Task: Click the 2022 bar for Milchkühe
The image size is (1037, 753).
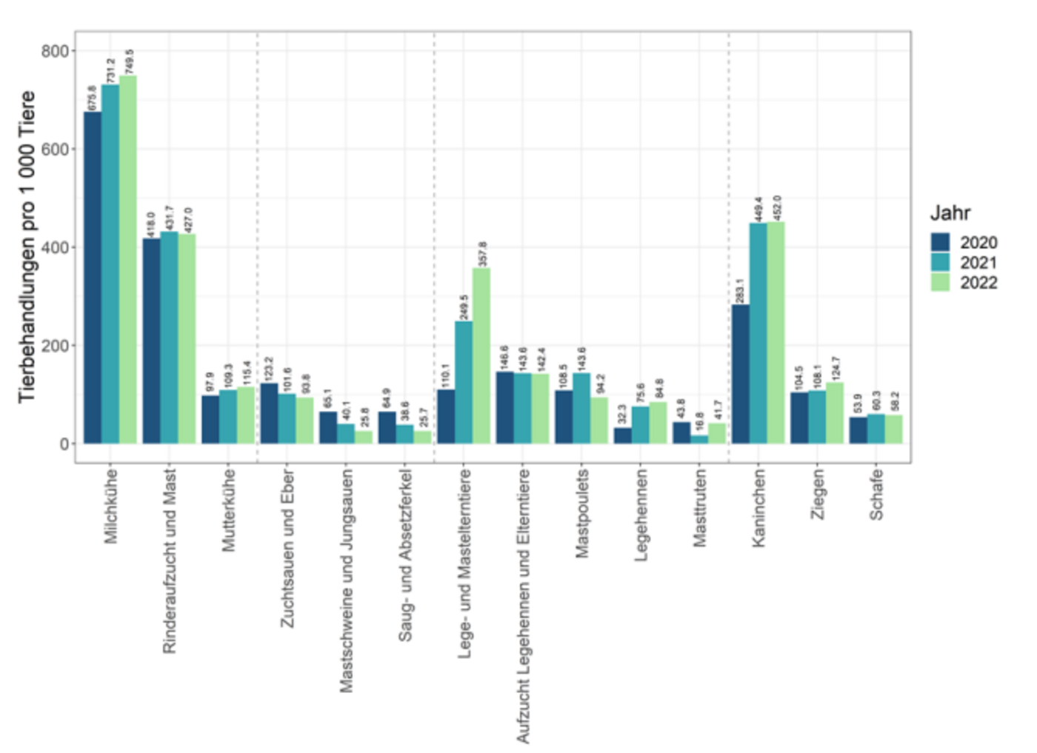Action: (x=128, y=259)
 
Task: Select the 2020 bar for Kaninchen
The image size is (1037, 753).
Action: (x=740, y=374)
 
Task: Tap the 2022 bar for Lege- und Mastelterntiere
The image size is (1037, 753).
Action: (x=481, y=355)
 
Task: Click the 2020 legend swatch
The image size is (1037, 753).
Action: (x=940, y=242)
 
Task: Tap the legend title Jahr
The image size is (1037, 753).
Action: (x=950, y=213)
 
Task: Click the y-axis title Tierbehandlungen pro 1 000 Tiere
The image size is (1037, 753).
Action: (x=27, y=247)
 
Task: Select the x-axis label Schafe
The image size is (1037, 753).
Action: (x=876, y=494)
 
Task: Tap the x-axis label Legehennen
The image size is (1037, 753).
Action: (x=641, y=515)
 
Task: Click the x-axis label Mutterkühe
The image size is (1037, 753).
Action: (x=228, y=509)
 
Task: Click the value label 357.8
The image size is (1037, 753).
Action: (x=482, y=254)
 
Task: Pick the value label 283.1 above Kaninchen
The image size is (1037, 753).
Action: (x=740, y=291)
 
